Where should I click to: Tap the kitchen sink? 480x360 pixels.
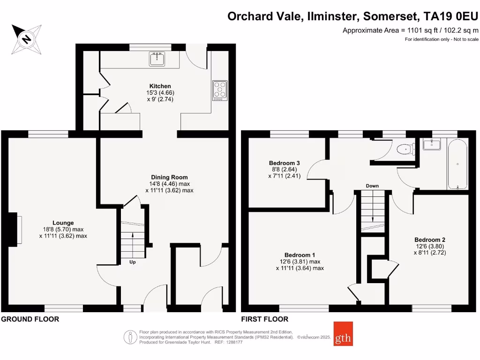click(157, 59)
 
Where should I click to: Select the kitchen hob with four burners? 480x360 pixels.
click(219, 90)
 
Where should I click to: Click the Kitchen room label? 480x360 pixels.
click(157, 86)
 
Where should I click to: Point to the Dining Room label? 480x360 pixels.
click(169, 177)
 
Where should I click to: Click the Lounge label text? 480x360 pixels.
click(63, 223)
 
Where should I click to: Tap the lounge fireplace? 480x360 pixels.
click(18, 229)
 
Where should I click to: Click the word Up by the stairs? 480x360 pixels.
click(133, 262)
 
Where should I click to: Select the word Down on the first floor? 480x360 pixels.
click(372, 186)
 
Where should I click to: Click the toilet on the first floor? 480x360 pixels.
click(404, 150)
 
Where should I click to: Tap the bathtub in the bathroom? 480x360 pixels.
click(457, 164)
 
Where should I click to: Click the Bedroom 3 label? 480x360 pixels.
click(284, 163)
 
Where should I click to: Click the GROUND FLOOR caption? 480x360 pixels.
click(30, 319)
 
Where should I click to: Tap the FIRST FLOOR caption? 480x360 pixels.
click(265, 319)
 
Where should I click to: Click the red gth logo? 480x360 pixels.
click(343, 334)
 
